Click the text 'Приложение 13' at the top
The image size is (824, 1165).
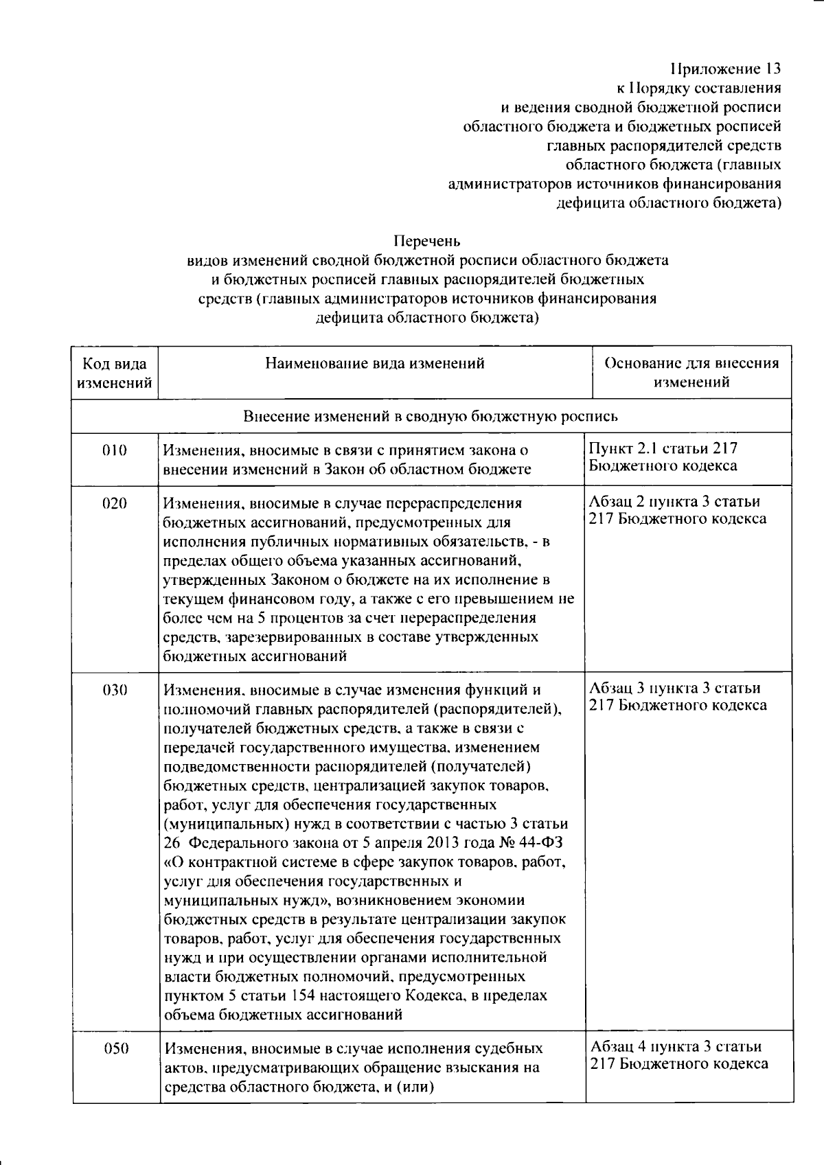tap(725, 69)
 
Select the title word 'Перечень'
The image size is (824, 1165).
tap(426, 241)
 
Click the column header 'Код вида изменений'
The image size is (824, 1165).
tap(115, 373)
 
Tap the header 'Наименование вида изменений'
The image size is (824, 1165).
tap(375, 363)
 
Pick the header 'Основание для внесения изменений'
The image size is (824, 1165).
tap(691, 373)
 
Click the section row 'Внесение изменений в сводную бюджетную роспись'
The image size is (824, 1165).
tap(431, 416)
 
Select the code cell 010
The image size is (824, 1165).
tap(115, 451)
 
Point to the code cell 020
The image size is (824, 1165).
tap(115, 503)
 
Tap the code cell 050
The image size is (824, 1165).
tap(115, 1048)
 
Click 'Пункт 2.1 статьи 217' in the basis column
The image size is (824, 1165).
tap(663, 449)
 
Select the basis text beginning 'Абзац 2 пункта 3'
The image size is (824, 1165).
tap(676, 510)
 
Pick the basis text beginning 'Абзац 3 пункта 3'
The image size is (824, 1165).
tap(676, 696)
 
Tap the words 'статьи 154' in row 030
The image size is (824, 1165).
tap(277, 995)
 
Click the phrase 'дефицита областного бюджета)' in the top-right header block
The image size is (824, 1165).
tap(668, 203)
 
